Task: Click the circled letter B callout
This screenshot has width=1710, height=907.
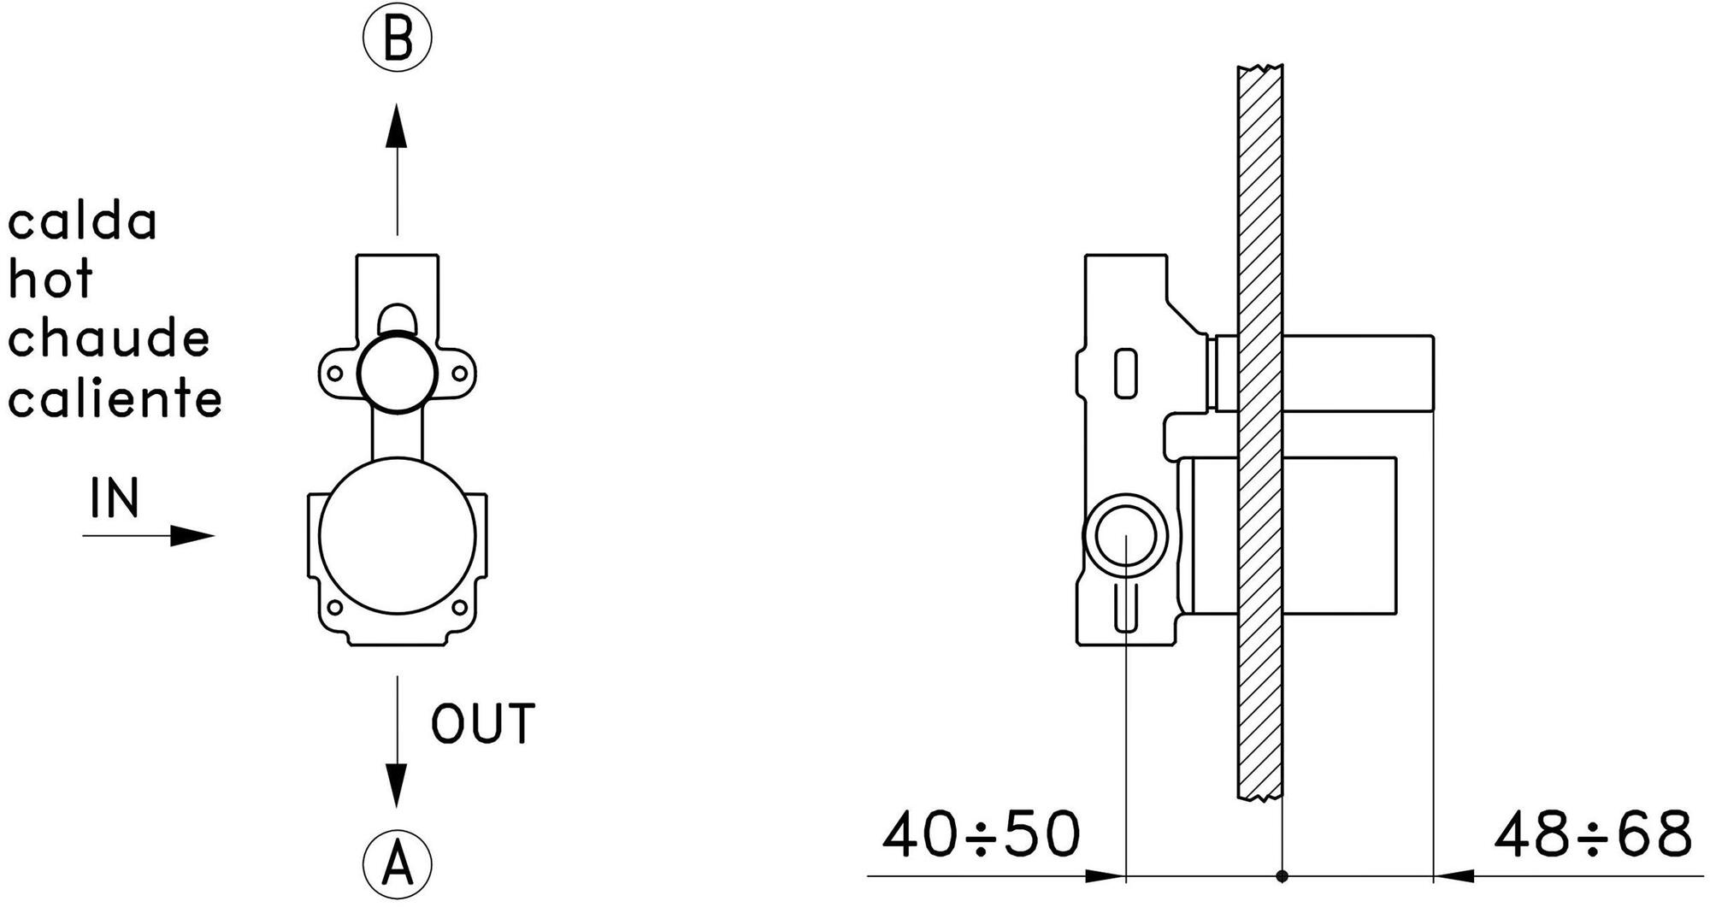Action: (x=397, y=38)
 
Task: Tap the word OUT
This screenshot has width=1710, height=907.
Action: (x=483, y=723)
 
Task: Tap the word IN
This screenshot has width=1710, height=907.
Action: (x=115, y=498)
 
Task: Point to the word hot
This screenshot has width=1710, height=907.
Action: (x=50, y=279)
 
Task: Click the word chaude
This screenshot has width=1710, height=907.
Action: (x=109, y=338)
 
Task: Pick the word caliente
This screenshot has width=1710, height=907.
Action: (x=115, y=398)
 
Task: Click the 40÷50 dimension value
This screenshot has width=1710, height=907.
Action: (x=982, y=834)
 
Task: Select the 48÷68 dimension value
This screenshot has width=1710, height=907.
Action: (x=1593, y=834)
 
